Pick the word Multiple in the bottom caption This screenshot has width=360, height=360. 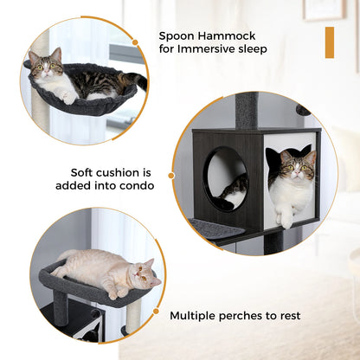coord(196,316)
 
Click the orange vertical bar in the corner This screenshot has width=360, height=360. coord(329,42)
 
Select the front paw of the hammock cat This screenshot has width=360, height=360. coord(67,98)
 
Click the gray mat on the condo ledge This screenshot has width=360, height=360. coord(215,228)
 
